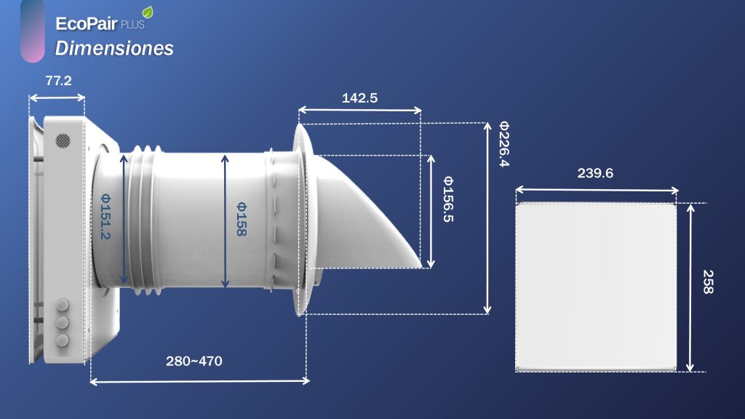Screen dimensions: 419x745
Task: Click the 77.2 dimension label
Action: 58,81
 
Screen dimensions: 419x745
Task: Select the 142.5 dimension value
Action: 359,98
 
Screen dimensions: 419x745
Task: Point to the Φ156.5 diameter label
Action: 447,199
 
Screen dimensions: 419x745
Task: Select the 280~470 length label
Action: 194,361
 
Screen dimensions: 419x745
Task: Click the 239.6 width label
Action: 595,173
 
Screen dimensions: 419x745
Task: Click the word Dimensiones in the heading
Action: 114,49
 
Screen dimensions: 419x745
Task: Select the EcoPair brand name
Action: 81,23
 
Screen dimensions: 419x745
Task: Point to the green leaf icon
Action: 148,12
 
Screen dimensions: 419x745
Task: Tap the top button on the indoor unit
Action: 63,303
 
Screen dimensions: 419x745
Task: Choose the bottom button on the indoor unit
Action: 63,340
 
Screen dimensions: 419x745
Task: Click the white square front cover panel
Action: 596,287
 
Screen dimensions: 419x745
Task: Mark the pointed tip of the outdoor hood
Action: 420,264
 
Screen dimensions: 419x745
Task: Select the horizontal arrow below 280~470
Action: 199,380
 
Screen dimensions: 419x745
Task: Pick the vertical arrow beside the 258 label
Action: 690,287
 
